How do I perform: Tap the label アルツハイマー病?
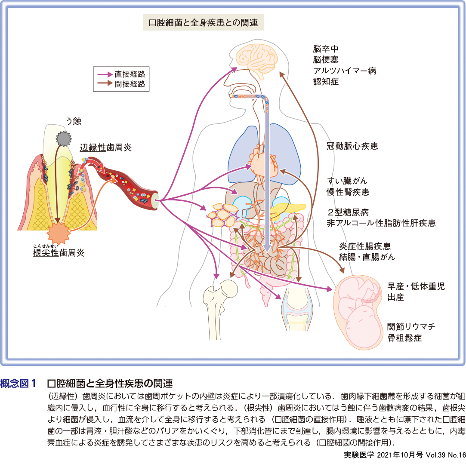pyautogui.click(x=345, y=71)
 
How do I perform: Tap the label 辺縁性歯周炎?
pyautogui.click(x=106, y=147)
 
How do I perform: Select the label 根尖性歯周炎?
pyautogui.click(x=59, y=252)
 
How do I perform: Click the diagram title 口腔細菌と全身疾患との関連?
pyautogui.click(x=203, y=22)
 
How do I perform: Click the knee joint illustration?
pyautogui.click(x=296, y=307)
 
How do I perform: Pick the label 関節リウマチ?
pyautogui.click(x=411, y=326)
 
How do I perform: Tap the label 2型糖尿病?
pyautogui.click(x=348, y=212)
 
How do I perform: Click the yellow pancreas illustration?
pyautogui.click(x=288, y=209)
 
